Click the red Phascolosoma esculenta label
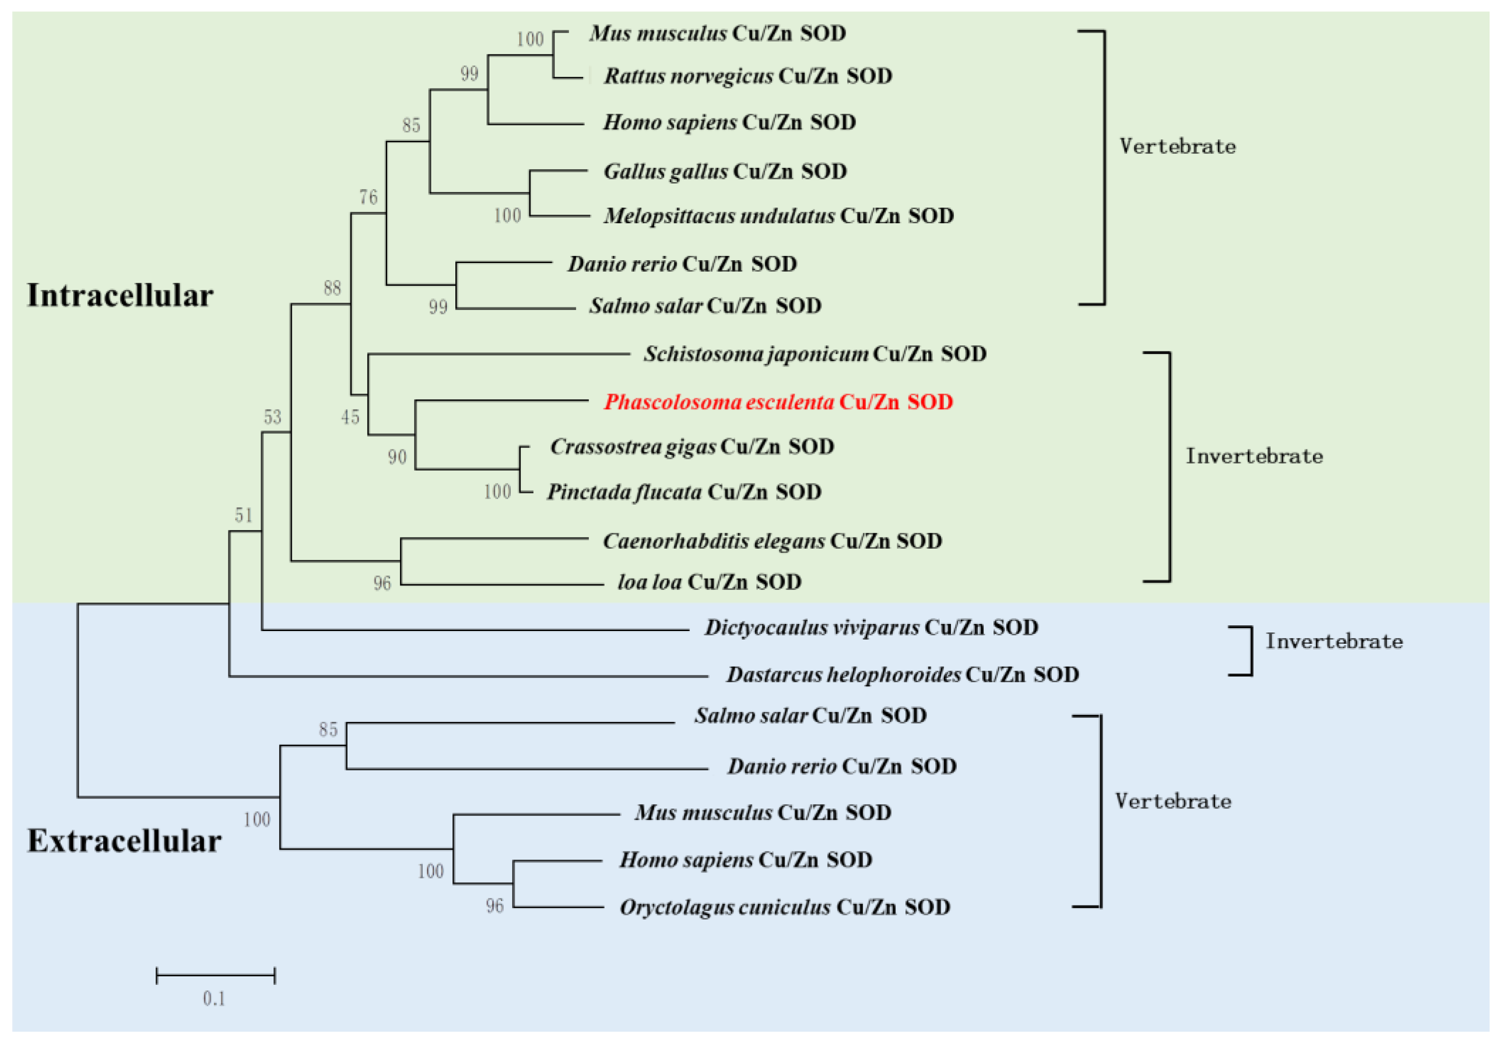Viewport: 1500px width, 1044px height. coord(777,402)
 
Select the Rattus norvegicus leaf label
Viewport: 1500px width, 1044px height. coord(747,76)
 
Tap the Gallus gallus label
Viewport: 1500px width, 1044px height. coord(724,171)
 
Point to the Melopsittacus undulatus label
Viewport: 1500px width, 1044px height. coord(778,216)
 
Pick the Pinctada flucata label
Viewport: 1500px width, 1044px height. coord(684,491)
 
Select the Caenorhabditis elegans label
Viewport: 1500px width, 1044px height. coord(772,541)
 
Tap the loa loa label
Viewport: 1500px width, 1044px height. coord(709,581)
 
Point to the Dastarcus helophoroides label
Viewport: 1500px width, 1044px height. coord(902,674)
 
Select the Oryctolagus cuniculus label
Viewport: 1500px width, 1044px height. coord(785,907)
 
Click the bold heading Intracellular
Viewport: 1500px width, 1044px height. coord(120,295)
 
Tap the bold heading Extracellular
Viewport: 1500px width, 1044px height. coord(124,841)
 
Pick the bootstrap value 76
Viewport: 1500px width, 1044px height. coord(368,197)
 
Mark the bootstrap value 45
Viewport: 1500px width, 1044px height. coord(350,417)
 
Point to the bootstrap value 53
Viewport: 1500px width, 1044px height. coord(272,417)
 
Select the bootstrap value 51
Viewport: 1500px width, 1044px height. coord(244,516)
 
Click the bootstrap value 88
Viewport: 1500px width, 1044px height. coord(332,288)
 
